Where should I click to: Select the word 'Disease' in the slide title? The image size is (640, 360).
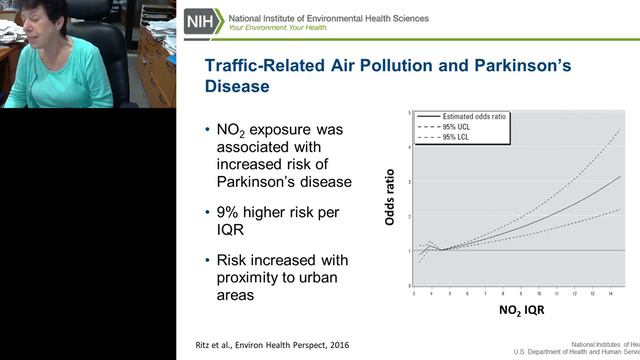click(x=237, y=86)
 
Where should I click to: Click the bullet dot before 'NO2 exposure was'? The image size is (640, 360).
click(x=206, y=130)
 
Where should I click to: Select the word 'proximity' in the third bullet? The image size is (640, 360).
click(x=249, y=278)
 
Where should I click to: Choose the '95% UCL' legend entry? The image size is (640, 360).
click(x=456, y=127)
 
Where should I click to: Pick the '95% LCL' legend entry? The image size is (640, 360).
click(x=456, y=136)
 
